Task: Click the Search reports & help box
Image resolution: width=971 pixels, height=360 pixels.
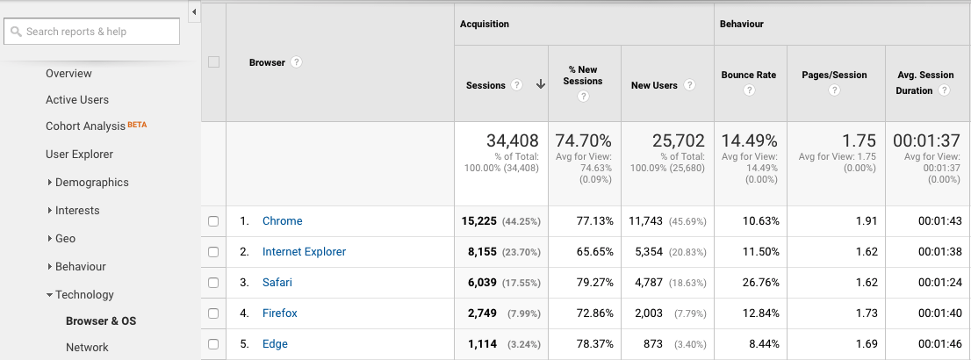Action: [x=92, y=32]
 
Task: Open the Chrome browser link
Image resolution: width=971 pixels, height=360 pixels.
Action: [x=282, y=221]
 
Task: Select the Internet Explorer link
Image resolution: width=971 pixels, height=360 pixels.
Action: [x=304, y=252]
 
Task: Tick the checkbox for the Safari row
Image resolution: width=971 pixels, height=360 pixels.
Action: [x=213, y=283]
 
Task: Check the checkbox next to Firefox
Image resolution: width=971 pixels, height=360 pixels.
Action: [x=213, y=313]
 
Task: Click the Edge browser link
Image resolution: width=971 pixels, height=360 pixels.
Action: [x=275, y=344]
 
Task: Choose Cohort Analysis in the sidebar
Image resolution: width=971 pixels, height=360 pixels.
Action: [x=86, y=126]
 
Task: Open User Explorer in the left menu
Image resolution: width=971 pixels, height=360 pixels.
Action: [x=79, y=155]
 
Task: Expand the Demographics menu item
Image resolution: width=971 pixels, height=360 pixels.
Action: [x=91, y=183]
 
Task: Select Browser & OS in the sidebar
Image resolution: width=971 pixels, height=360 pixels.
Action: [x=101, y=321]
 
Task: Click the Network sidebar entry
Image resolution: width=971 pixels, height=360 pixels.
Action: [x=87, y=348]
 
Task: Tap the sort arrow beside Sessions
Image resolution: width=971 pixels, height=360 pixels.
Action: [x=541, y=85]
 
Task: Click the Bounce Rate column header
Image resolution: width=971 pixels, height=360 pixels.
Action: [x=749, y=75]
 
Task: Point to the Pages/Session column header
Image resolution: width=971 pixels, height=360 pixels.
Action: [x=834, y=75]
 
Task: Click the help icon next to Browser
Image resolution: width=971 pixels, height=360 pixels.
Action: [x=297, y=62]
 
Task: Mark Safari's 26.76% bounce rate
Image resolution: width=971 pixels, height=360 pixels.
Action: [x=759, y=283]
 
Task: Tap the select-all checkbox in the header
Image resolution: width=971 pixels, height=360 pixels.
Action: [x=213, y=62]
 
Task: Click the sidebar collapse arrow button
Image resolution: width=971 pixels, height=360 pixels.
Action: [x=193, y=11]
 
